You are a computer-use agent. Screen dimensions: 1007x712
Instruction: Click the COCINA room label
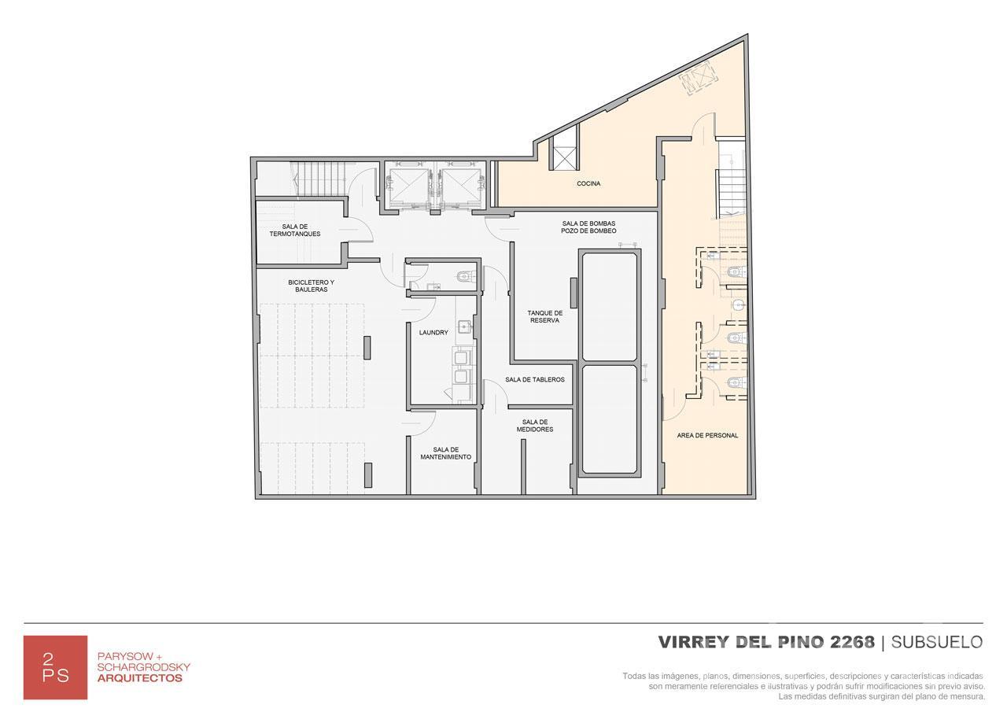pos(588,183)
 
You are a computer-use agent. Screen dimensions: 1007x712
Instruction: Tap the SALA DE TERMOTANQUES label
pos(295,231)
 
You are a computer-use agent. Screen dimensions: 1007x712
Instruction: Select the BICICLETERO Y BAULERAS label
pos(311,286)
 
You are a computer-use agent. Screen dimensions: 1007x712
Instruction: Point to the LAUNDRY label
pos(433,333)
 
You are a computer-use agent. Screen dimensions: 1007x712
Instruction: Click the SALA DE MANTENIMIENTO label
pos(446,453)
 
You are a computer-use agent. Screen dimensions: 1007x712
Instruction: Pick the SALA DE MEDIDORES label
pos(535,426)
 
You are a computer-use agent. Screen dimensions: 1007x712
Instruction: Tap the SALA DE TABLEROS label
pos(535,379)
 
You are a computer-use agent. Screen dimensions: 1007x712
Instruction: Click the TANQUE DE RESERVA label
pos(545,316)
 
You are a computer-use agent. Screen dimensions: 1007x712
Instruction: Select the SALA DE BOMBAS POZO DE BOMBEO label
pos(588,227)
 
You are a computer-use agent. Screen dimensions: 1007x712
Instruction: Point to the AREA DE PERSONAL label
pos(707,435)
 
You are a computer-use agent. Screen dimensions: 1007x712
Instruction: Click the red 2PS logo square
pos(55,667)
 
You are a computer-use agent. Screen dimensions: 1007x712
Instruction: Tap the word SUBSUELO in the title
pos(937,642)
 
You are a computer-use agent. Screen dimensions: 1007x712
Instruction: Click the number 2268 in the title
pos(852,642)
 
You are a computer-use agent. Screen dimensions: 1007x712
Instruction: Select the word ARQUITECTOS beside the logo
pos(140,678)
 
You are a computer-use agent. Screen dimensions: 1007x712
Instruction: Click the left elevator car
pos(409,186)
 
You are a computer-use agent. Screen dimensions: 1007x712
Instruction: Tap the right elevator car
pos(461,186)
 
